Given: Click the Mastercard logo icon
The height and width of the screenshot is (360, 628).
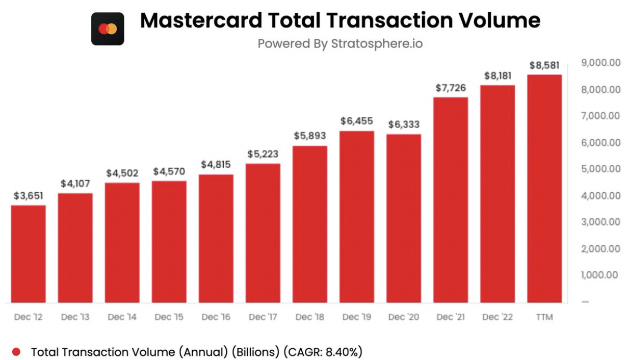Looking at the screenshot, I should pyautogui.click(x=108, y=29).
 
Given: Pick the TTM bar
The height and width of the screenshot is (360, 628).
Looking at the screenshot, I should pyautogui.click(x=544, y=189).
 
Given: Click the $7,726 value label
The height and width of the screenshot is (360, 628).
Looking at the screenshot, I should pyautogui.click(x=451, y=88).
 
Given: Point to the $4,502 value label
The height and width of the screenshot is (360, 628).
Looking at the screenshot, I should pyautogui.click(x=122, y=173).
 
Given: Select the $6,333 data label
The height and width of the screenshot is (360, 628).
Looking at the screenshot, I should pyautogui.click(x=404, y=124).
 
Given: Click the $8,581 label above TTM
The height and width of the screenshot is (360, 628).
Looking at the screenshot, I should pyautogui.click(x=544, y=65).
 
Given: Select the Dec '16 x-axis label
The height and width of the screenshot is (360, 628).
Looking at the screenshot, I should pyautogui.click(x=216, y=317).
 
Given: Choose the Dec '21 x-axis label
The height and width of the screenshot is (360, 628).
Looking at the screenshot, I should pyautogui.click(x=451, y=317).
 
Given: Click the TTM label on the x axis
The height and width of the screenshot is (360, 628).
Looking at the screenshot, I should pyautogui.click(x=544, y=317).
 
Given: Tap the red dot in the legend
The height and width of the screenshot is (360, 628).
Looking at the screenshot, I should pyautogui.click(x=16, y=352).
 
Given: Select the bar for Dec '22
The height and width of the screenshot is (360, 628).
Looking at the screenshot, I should pyautogui.click(x=498, y=194).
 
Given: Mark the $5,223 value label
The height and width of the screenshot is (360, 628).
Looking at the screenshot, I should pyautogui.click(x=263, y=154).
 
